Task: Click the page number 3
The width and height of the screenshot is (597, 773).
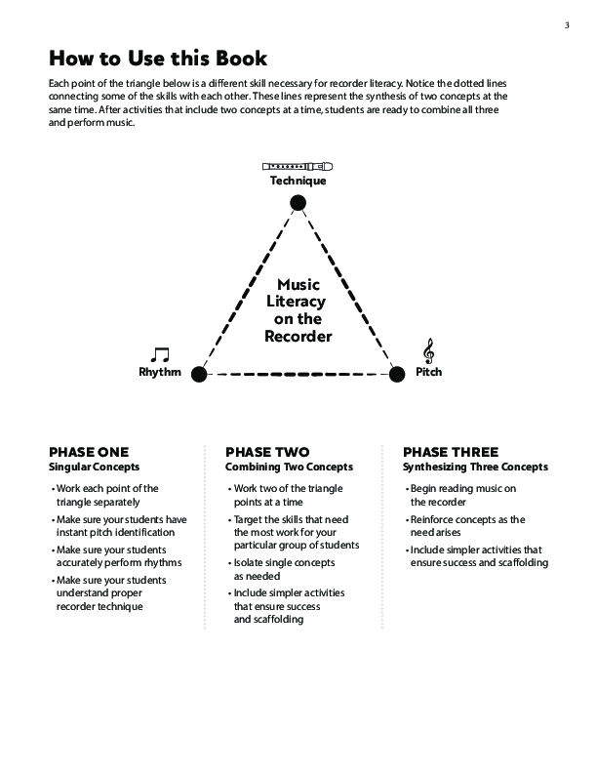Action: click(x=567, y=24)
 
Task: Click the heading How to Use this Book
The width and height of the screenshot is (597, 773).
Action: click(x=158, y=58)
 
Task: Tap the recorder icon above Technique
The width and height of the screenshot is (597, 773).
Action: click(x=298, y=166)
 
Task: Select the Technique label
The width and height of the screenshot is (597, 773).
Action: click(x=298, y=181)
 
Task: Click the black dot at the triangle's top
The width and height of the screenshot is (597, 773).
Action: click(x=298, y=203)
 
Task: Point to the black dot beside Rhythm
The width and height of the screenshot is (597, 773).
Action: click(x=199, y=373)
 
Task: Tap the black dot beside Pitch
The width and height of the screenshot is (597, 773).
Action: click(x=396, y=373)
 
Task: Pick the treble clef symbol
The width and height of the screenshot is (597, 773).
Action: click(x=428, y=351)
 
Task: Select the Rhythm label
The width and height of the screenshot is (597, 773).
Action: click(x=160, y=372)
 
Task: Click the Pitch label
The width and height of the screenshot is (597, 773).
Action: click(x=428, y=372)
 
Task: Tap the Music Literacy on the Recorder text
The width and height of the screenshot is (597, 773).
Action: click(x=298, y=310)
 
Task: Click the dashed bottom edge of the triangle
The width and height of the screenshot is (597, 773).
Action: click(x=298, y=373)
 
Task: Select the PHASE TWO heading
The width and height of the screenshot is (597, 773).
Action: click(x=267, y=452)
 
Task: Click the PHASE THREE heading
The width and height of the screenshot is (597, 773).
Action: click(x=451, y=452)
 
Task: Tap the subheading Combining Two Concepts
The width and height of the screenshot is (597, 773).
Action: click(x=289, y=467)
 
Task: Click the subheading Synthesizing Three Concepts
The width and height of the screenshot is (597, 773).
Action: click(x=475, y=467)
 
